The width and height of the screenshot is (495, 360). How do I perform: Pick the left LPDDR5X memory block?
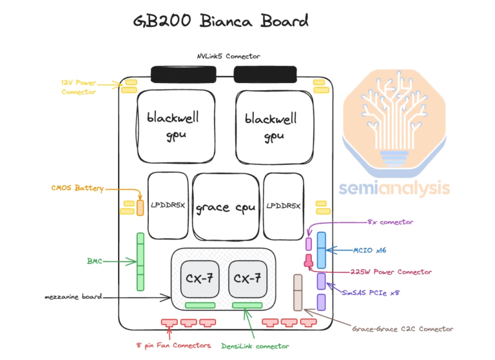(168, 205)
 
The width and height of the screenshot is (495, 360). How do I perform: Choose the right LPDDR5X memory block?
(284, 205)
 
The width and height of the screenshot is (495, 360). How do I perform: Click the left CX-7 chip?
(199, 279)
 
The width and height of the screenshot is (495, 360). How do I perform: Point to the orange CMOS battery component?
(140, 207)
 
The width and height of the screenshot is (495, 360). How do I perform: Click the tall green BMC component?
(139, 261)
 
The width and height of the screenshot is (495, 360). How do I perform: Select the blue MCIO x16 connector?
(320, 250)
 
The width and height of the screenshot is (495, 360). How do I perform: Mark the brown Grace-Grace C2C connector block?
(298, 292)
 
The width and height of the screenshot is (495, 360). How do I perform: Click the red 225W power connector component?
(309, 260)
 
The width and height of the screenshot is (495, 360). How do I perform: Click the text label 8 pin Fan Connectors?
(173, 345)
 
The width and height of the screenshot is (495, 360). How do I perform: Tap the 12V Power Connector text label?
(79, 87)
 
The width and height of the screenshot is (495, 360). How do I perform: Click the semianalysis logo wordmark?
(394, 189)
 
